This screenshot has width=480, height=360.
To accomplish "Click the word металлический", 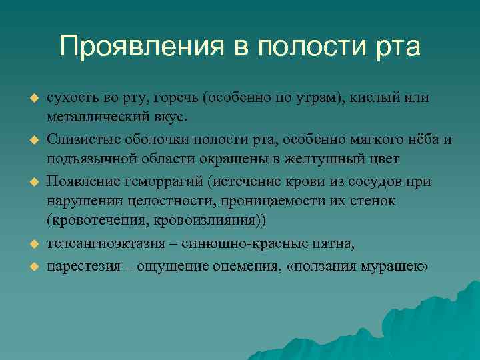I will coord(89,117).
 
